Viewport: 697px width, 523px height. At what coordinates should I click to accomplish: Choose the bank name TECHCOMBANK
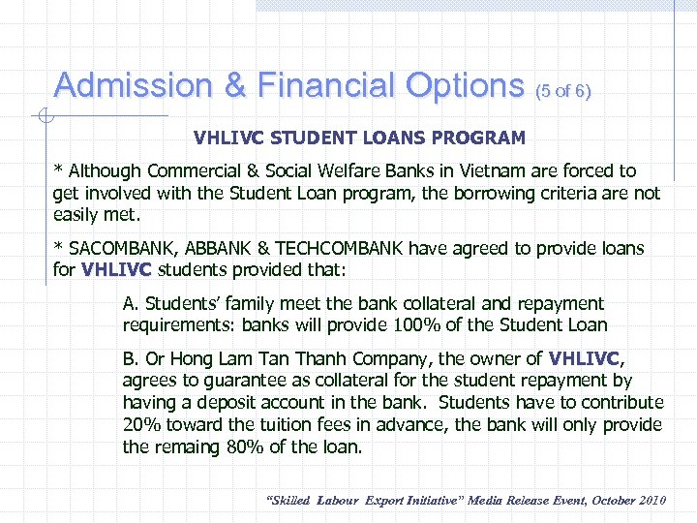tap(332, 249)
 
